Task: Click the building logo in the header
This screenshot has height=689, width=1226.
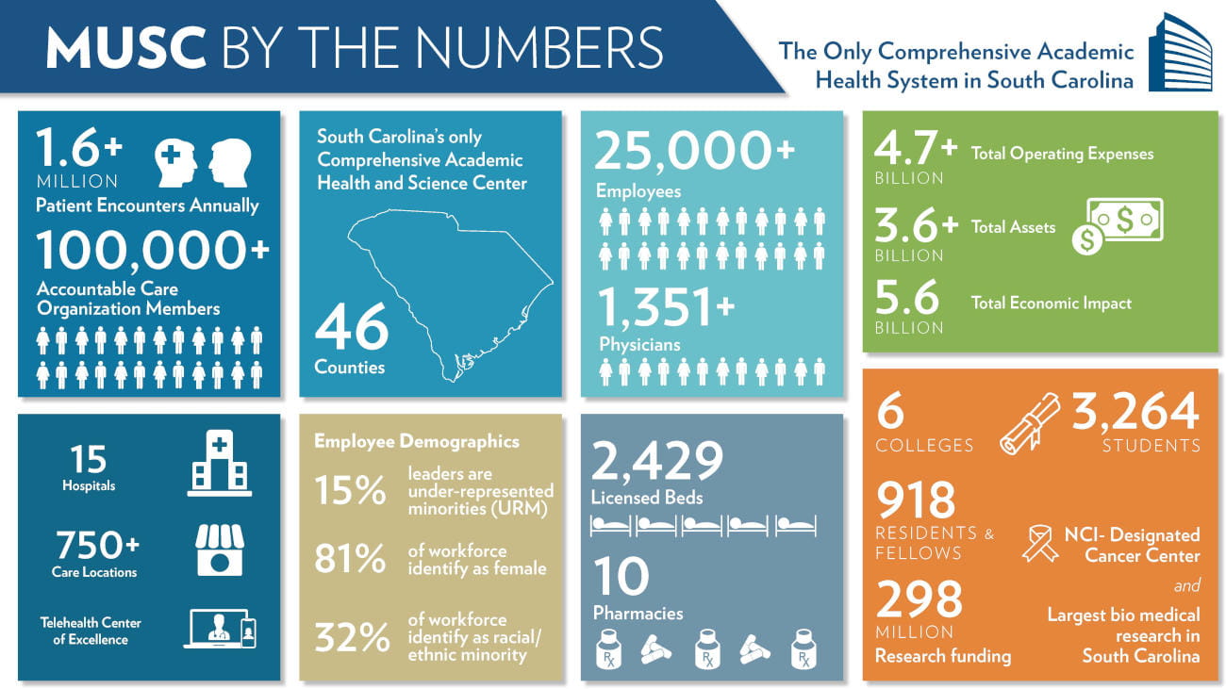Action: (1180, 53)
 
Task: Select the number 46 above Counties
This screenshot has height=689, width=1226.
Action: (351, 326)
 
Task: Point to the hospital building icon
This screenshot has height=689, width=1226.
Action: (219, 464)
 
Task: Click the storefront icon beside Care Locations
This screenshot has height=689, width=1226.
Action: (219, 550)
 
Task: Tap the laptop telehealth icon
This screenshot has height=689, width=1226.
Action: (220, 629)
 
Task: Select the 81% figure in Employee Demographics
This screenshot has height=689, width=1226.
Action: (350, 559)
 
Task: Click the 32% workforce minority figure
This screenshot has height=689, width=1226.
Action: (351, 638)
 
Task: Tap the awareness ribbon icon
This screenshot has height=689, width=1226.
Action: (1040, 544)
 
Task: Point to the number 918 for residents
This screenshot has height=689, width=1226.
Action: (915, 500)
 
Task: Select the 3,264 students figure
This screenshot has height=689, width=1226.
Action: (1135, 411)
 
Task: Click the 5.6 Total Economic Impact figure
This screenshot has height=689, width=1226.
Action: (907, 299)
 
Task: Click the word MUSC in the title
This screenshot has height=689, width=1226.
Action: (126, 47)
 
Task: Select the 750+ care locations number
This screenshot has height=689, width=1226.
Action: (97, 545)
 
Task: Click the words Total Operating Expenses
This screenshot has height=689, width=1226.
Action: (1062, 154)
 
